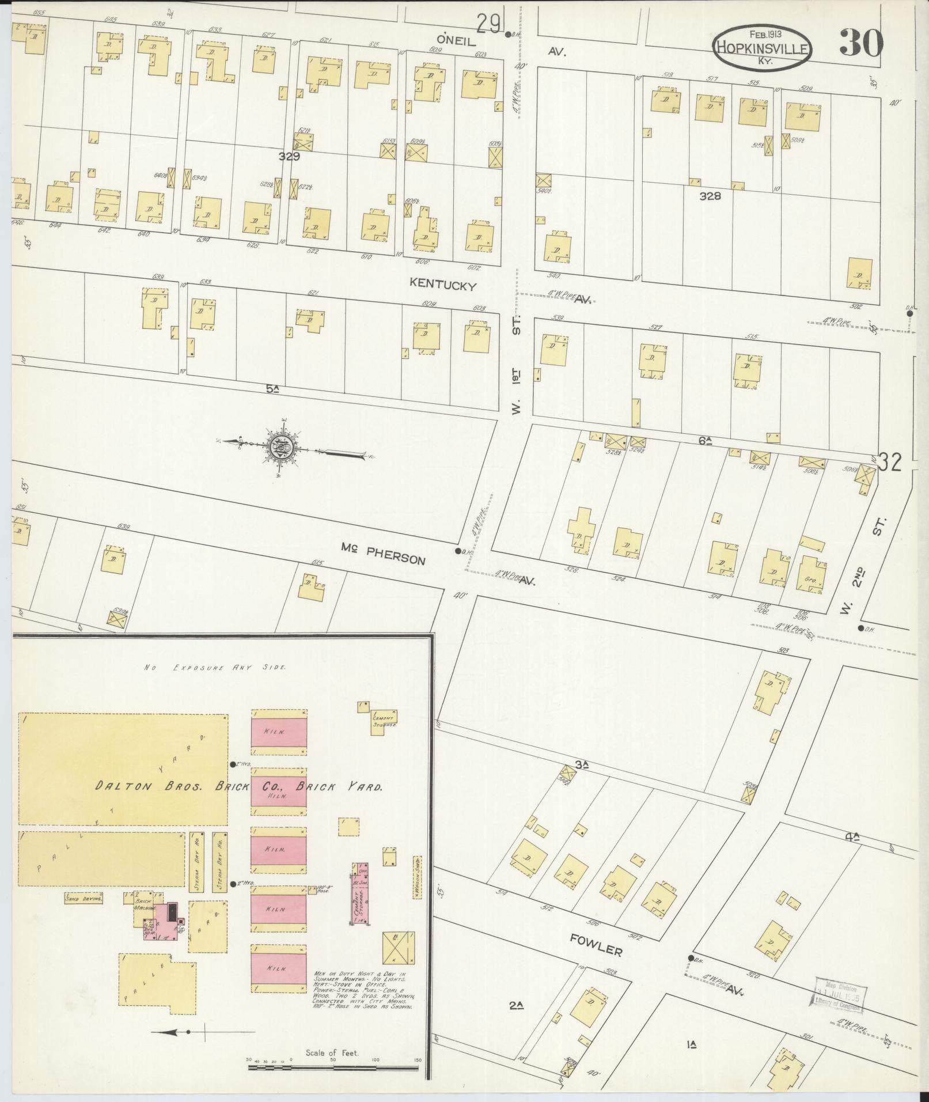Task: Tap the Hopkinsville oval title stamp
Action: coord(762,48)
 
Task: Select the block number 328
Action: coord(710,196)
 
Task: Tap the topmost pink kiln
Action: coord(279,730)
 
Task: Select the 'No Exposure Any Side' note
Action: coord(216,667)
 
